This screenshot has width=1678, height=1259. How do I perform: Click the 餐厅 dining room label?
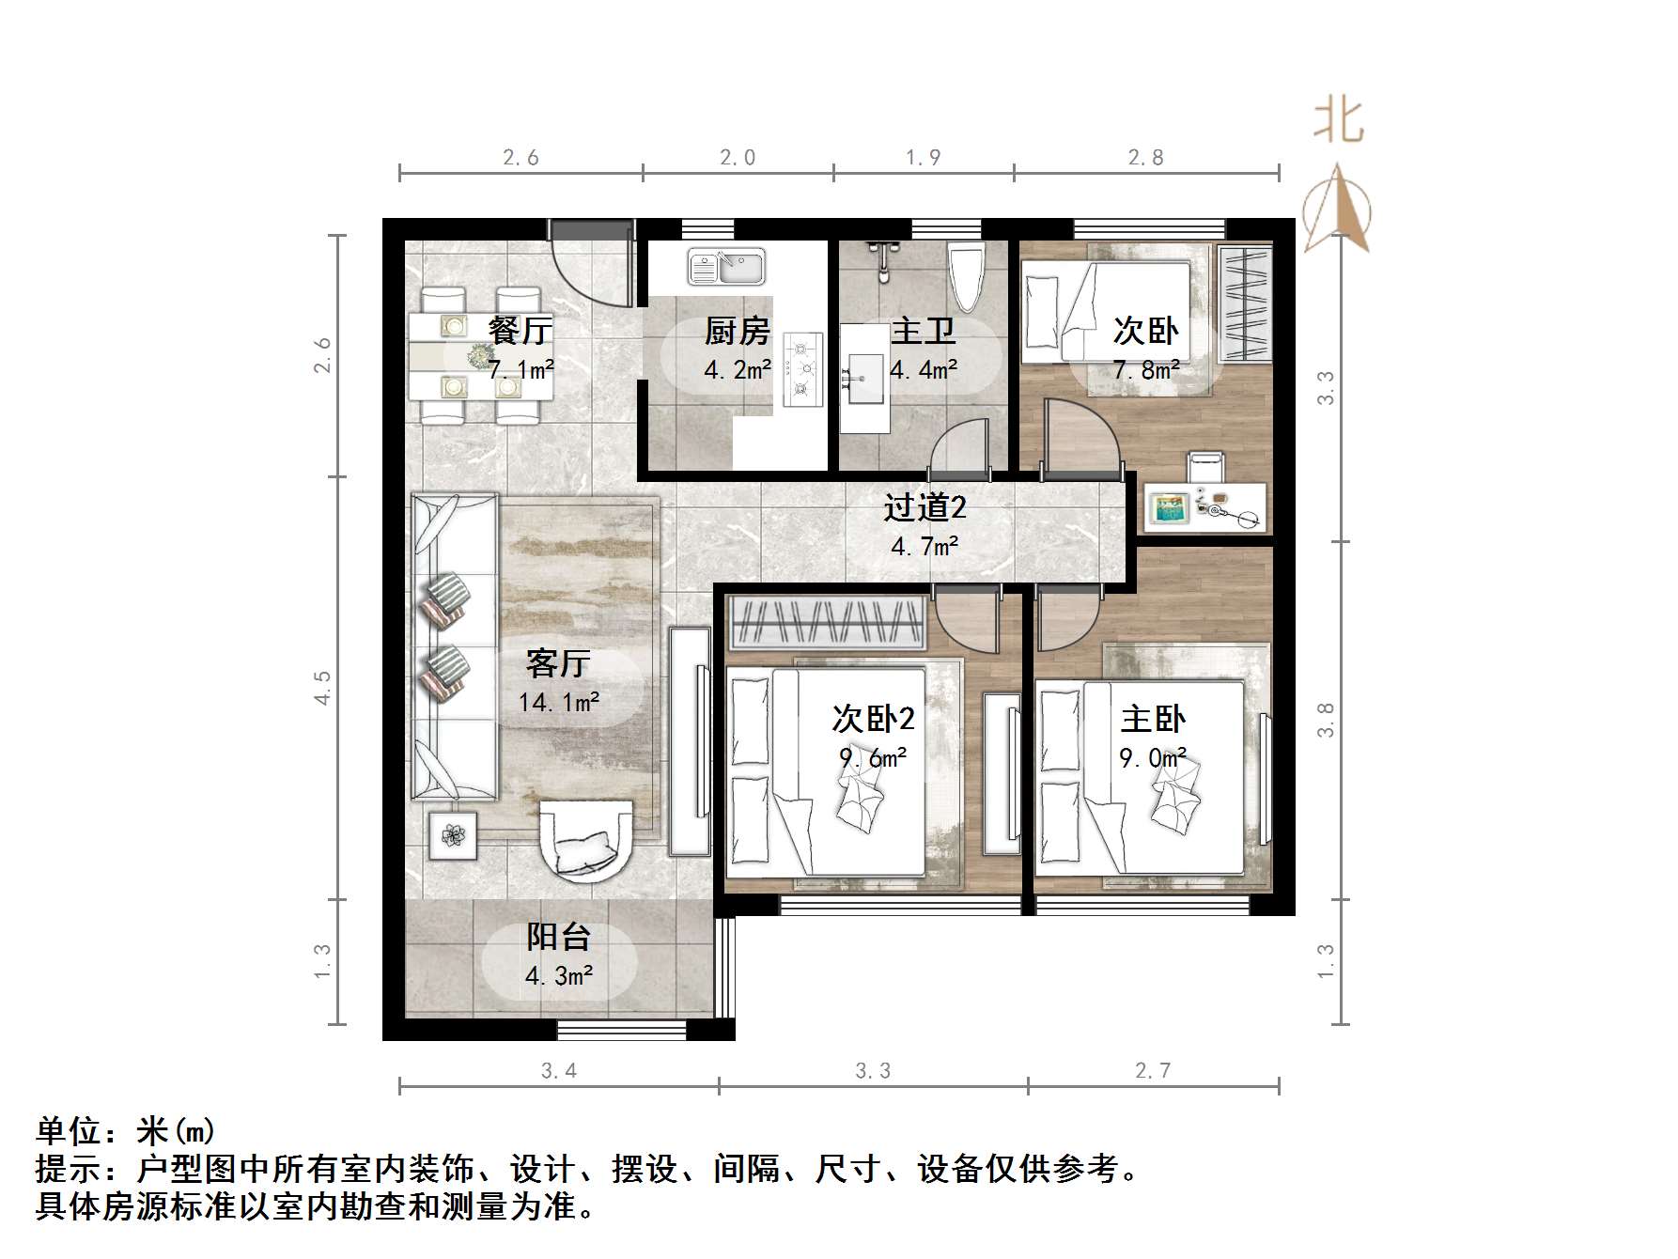520,331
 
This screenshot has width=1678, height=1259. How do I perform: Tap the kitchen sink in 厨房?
727,266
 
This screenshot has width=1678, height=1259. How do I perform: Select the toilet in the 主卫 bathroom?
966,269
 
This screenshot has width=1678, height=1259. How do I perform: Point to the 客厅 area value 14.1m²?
559,702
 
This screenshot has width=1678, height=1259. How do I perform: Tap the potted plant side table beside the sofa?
454,835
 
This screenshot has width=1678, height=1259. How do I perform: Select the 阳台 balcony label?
558,937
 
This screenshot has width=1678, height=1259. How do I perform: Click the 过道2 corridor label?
924,508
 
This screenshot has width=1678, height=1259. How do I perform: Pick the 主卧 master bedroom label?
1153,720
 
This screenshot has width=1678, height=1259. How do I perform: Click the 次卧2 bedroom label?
873,720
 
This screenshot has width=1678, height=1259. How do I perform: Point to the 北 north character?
1338,121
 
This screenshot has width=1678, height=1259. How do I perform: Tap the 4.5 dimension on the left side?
322,688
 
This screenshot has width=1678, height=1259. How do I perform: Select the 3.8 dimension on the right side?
1326,721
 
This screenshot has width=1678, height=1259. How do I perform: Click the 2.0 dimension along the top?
738,158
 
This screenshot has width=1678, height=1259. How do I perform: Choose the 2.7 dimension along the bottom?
1153,1071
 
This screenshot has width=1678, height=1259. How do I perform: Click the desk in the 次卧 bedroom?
1204,508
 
